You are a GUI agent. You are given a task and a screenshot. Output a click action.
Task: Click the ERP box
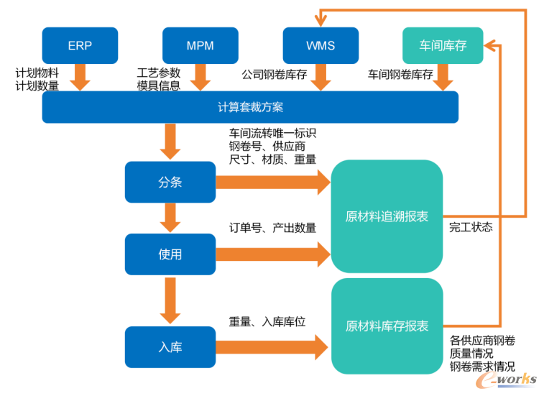tap(80, 45)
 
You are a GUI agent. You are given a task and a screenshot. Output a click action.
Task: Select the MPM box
tap(200, 45)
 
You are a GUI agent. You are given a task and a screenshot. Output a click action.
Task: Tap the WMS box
tap(321, 45)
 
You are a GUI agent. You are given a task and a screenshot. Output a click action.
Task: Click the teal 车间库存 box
tap(443, 45)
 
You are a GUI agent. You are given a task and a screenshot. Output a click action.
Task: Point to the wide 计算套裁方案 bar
tap(250, 107)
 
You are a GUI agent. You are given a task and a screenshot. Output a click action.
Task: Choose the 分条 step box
tap(170, 183)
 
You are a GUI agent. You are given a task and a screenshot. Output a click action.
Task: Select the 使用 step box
tap(170, 254)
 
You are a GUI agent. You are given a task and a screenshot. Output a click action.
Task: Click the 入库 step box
tap(170, 347)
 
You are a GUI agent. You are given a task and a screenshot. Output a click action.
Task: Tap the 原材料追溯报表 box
tap(387, 216)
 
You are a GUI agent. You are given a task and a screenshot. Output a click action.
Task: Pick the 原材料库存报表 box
tap(387, 326)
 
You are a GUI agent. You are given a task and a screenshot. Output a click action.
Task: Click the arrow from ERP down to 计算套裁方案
tap(80, 76)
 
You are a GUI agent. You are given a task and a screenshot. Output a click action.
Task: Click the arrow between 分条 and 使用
tap(170, 217)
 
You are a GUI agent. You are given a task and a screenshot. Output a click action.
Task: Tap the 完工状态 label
tap(471, 227)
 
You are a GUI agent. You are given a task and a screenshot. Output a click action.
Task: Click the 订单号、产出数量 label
tap(272, 228)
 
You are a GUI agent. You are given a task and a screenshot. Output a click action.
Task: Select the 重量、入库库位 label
tap(267, 322)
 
